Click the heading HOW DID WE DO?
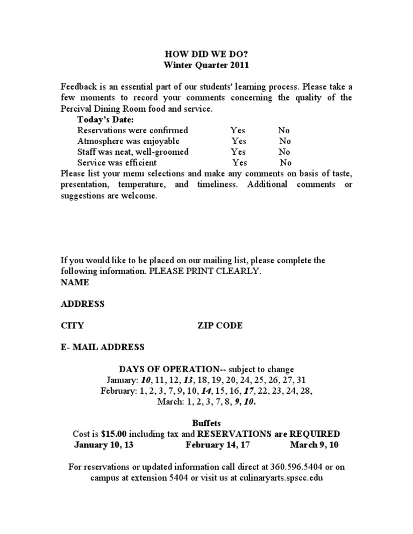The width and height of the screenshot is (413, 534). (x=206, y=54)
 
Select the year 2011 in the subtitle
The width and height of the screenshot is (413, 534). (x=239, y=65)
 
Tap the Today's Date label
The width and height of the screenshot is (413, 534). (x=105, y=119)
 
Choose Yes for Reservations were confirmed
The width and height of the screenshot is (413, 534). (x=238, y=130)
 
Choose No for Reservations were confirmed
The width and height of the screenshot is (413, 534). (x=283, y=130)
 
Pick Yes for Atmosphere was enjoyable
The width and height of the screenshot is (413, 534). (x=239, y=141)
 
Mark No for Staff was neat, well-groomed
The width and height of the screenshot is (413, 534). (x=284, y=151)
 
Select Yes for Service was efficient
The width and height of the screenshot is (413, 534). (x=240, y=162)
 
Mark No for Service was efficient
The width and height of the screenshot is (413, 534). (x=286, y=162)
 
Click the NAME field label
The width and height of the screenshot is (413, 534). (x=75, y=282)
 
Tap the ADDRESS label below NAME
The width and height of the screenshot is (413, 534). (x=83, y=304)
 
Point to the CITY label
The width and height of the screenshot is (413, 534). (x=72, y=326)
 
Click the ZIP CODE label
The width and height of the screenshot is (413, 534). (x=220, y=326)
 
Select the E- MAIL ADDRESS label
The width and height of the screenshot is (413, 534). (x=103, y=347)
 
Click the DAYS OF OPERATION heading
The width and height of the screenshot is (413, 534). (x=170, y=369)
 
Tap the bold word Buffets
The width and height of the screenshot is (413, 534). (x=206, y=423)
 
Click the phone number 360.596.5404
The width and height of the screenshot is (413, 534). (x=286, y=467)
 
